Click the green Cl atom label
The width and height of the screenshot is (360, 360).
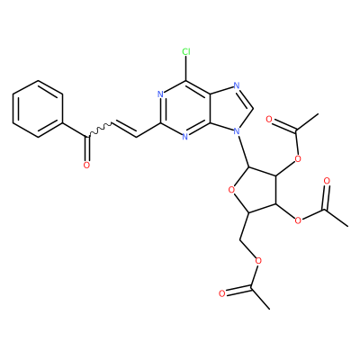[x=186, y=52]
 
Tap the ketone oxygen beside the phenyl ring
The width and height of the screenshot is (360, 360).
[x=86, y=165]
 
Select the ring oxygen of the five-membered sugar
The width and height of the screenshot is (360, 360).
[x=231, y=190]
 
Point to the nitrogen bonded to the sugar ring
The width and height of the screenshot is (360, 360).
[x=237, y=131]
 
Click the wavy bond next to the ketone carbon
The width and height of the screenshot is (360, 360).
[x=100, y=130]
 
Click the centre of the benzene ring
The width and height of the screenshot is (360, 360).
[x=38, y=109]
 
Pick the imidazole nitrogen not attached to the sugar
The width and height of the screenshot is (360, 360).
[x=237, y=85]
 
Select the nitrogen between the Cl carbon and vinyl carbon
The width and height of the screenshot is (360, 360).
[x=160, y=94]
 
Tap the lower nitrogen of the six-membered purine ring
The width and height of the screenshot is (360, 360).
[x=185, y=137]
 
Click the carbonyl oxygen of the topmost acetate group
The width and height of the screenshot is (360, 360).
[x=269, y=120]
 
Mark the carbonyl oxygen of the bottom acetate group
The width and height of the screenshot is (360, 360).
[x=221, y=293]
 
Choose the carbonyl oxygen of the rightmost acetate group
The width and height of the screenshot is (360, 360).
[x=328, y=181]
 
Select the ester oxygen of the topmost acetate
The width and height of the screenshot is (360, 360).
[x=298, y=158]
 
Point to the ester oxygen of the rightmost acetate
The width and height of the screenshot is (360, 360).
[x=298, y=220]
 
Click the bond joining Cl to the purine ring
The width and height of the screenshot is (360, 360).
[x=186, y=68]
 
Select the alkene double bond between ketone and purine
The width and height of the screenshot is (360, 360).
[x=124, y=130]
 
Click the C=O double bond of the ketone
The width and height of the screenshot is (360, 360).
[x=87, y=149]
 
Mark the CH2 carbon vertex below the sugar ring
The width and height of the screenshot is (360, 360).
[x=240, y=240]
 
